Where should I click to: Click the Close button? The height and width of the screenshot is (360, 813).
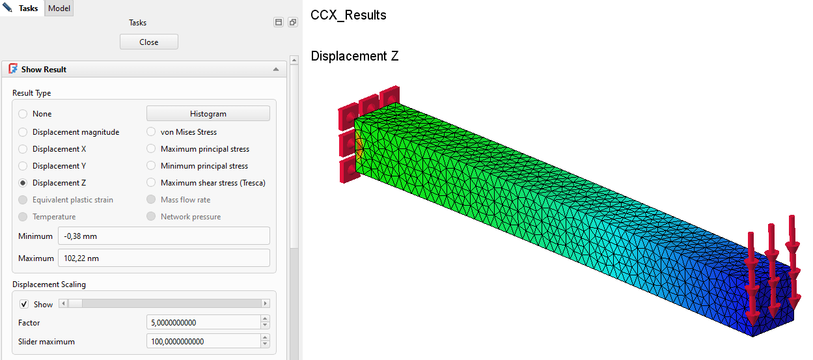coord(149,42)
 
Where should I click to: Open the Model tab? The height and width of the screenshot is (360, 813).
coord(59,8)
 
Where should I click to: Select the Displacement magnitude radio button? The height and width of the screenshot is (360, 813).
coord(23,132)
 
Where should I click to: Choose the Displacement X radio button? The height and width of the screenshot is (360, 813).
coord(23,149)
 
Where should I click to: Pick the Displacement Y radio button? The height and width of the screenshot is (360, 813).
coord(23,166)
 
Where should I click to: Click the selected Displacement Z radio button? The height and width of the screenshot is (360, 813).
coord(23,183)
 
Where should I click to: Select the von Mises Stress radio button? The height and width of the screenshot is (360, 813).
coord(151,132)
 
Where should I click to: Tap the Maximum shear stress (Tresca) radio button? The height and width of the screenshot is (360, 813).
coord(151,182)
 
